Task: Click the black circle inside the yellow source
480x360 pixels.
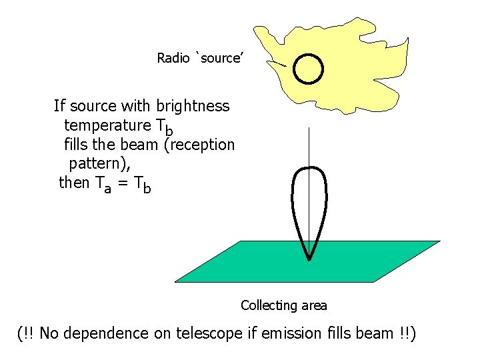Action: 309,68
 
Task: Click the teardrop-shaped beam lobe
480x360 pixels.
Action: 309,200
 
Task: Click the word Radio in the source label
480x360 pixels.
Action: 173,58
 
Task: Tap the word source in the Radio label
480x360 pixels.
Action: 220,58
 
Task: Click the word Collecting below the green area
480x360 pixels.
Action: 268,306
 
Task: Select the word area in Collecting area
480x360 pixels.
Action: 314,306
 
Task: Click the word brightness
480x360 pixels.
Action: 193,106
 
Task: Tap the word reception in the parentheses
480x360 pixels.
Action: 200,145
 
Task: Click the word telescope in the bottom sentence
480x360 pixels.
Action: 208,333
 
